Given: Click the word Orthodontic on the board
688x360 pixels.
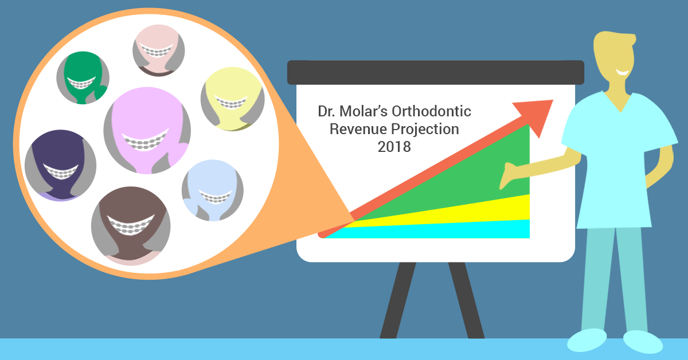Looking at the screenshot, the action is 431,111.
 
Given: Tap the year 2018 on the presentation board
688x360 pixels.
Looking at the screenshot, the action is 394,147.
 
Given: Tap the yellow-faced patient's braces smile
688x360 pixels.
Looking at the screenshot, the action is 231,103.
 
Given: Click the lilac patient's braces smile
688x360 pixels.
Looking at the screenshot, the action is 145,140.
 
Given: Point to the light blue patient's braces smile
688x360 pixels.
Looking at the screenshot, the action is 216,197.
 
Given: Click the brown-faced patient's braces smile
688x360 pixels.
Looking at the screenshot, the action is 131,225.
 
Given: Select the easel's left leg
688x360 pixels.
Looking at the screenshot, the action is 398,300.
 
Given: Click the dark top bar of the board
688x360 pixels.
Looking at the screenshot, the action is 436,72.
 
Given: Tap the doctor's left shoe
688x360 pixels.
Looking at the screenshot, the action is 587,340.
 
